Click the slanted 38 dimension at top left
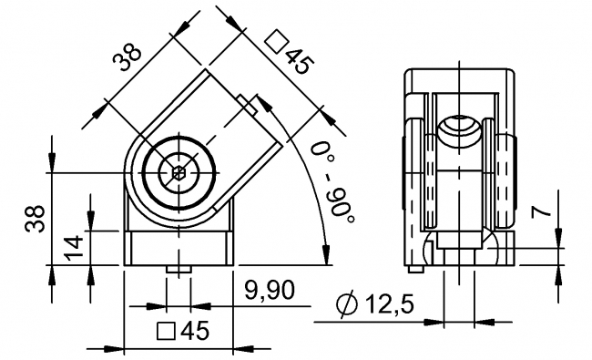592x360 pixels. coord(128,57)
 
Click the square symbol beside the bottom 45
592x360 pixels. coord(166,331)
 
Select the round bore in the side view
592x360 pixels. coord(460,133)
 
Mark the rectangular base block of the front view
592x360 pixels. coord(179,247)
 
